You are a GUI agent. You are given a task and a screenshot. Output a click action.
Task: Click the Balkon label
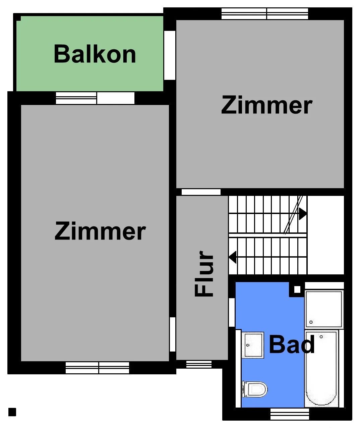click(x=95, y=54)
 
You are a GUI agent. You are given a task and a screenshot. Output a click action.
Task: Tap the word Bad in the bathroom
click(x=292, y=344)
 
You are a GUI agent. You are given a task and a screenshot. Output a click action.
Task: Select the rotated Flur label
click(x=204, y=274)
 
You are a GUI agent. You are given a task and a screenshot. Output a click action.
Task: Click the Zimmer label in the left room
click(x=100, y=231)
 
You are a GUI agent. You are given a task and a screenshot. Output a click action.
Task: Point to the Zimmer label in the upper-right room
click(x=267, y=105)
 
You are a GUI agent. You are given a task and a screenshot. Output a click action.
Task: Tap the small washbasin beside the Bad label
click(x=253, y=345)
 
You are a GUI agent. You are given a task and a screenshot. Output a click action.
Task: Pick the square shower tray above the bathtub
click(x=324, y=309)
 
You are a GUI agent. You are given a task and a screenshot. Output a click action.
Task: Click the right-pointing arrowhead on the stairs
click(x=303, y=214)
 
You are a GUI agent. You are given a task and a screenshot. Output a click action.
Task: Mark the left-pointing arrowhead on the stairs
click(x=233, y=257)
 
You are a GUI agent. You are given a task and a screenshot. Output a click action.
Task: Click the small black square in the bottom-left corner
click(x=12, y=412)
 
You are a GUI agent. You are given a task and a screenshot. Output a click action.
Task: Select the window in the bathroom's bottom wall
click(x=290, y=414)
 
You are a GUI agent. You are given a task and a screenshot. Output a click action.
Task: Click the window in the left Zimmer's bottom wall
click(x=97, y=368)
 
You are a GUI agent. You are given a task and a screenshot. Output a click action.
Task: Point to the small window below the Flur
click(x=199, y=364)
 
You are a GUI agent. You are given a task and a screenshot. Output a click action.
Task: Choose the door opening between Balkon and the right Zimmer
click(x=170, y=55)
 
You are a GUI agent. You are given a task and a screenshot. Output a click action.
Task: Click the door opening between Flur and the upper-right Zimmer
click(x=201, y=192)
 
